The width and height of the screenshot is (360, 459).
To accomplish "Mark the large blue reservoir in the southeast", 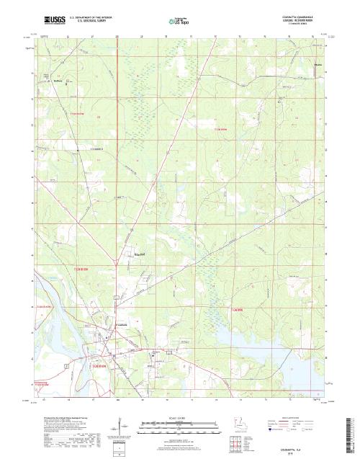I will pyautogui.click(x=288, y=339).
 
